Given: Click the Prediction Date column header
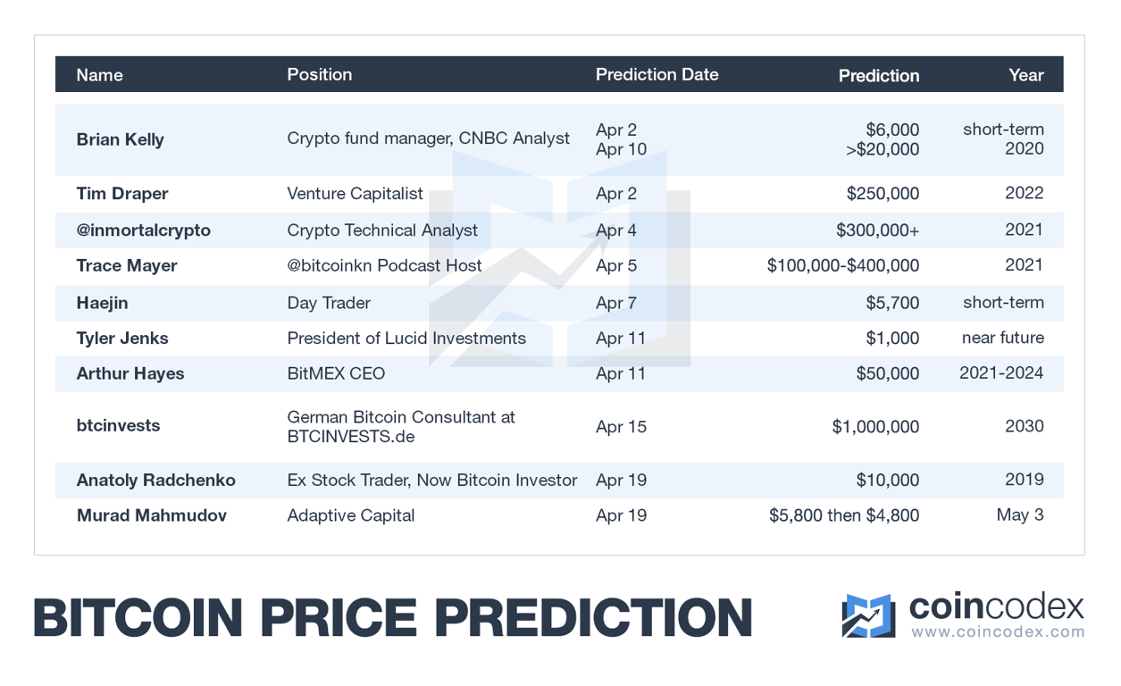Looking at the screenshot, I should point(657,75).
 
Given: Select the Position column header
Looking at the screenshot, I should point(319,75).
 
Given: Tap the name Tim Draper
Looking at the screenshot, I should point(122,194).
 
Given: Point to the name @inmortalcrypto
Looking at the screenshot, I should point(143,230).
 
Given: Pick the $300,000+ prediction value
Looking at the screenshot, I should point(877,230).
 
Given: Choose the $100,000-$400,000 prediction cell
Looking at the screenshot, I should point(842,266).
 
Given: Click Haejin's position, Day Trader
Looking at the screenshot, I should point(328,303).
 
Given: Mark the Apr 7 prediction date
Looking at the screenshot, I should point(615,303).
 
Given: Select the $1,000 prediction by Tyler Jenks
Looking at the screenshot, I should point(892,339).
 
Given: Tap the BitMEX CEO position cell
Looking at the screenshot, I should point(336,373).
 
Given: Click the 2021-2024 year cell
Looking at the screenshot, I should point(1000,373).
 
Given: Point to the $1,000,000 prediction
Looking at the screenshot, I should point(875,427).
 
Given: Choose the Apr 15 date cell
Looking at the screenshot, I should point(621,427).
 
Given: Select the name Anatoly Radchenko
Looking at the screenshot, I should point(155,481).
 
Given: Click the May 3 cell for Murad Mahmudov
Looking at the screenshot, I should point(1020,515).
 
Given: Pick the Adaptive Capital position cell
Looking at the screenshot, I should point(350,515).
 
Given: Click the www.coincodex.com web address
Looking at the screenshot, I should point(997,632).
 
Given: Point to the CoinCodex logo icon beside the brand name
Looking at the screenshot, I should point(867,615).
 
